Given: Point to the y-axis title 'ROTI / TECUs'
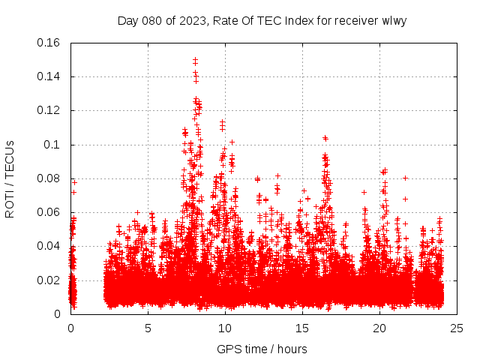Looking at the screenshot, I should click(x=10, y=178).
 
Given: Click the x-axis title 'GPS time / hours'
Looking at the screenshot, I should click(x=262, y=349).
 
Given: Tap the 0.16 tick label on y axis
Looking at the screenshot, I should click(x=49, y=43).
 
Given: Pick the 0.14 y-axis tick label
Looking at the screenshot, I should click(x=49, y=76).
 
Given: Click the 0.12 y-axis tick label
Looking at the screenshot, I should click(x=49, y=110).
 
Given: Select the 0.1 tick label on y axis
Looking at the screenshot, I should click(x=53, y=144).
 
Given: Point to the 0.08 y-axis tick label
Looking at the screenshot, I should click(x=49, y=178).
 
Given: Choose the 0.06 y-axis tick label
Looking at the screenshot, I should click(x=49, y=212).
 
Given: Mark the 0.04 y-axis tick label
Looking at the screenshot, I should click(x=49, y=246).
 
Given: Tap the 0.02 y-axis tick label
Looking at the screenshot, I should click(x=49, y=280).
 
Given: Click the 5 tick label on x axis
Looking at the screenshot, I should click(x=148, y=328).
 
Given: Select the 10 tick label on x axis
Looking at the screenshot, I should click(x=225, y=328).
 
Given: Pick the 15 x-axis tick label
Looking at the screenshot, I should click(x=302, y=328).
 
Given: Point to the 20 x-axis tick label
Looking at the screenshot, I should click(x=379, y=328).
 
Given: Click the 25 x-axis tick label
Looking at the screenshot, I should click(x=457, y=328).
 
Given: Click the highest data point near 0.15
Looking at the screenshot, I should click(x=195, y=59).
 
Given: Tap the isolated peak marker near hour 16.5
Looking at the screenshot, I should click(x=325, y=138).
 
